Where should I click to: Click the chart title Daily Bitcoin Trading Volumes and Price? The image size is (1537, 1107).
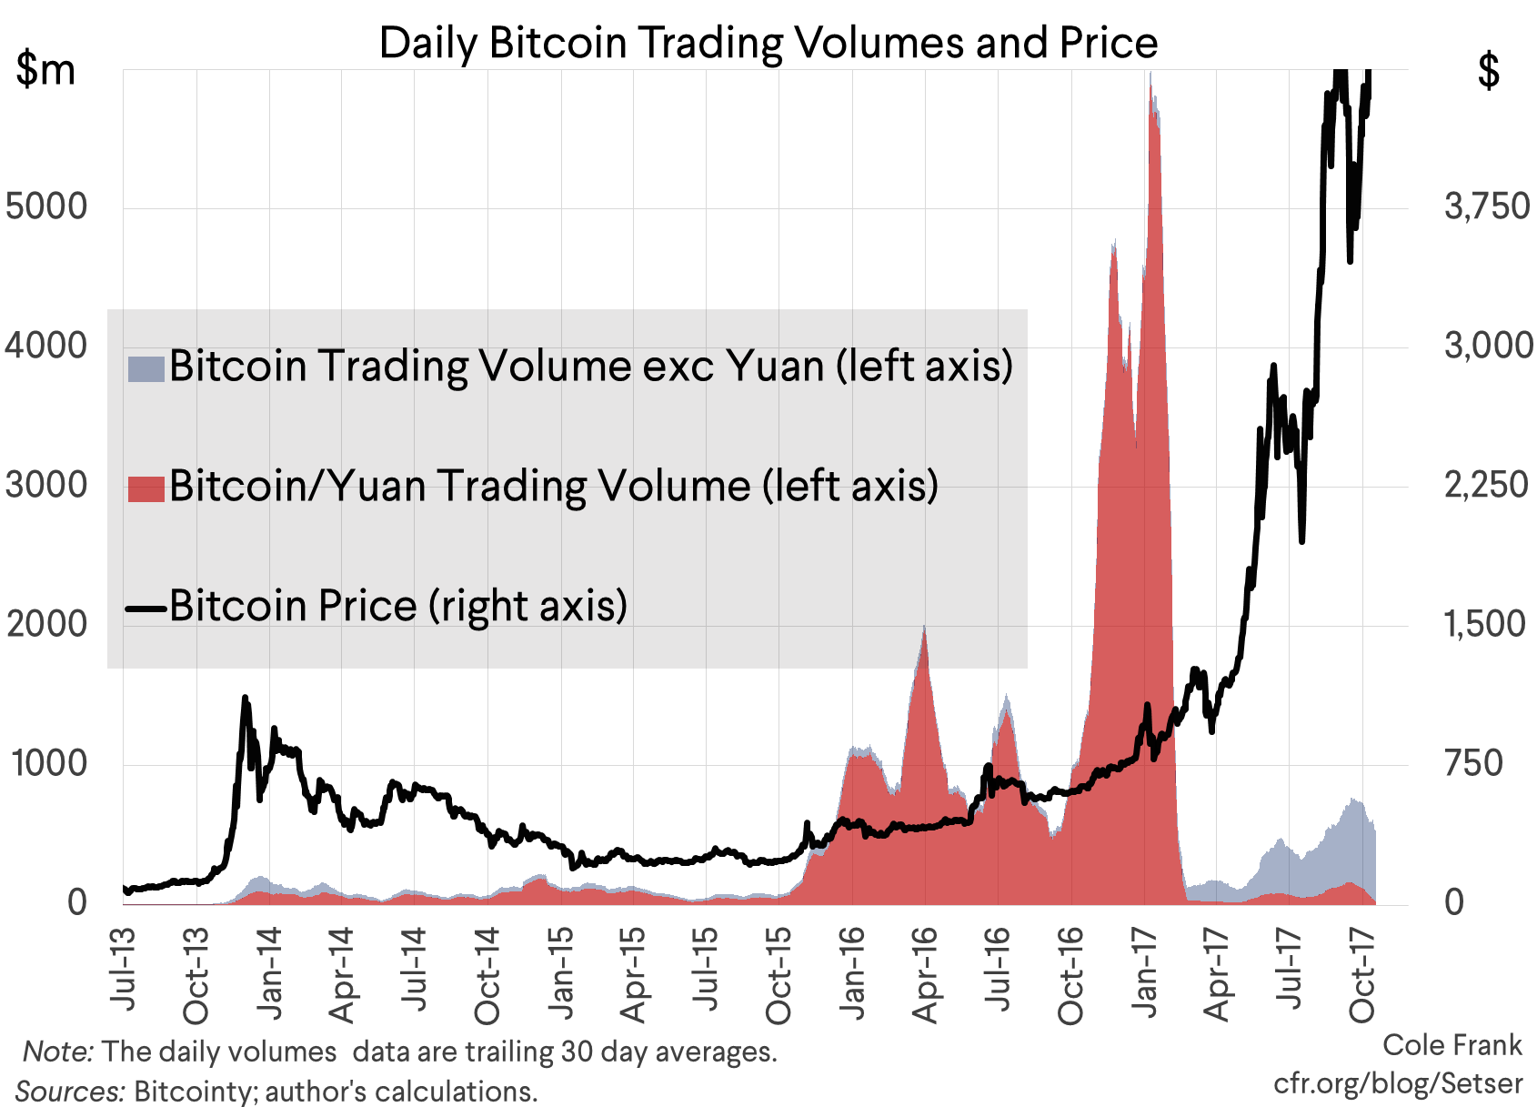tap(768, 43)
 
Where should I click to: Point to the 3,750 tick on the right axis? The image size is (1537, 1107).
tap(1486, 206)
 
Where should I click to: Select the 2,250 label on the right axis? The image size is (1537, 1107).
tap(1486, 485)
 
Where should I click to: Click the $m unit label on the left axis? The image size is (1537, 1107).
tap(45, 69)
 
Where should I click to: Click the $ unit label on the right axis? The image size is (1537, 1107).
tap(1488, 69)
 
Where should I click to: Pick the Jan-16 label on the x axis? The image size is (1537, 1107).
tap(851, 973)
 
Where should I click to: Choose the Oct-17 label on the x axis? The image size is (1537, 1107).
tap(1361, 973)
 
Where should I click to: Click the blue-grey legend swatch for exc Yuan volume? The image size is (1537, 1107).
tap(146, 368)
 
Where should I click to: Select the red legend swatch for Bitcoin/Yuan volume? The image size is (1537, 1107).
tap(146, 488)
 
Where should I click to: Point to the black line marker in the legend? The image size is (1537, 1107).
tap(146, 608)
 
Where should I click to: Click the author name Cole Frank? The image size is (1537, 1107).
tap(1452, 1045)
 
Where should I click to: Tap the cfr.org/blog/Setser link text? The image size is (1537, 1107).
tap(1397, 1083)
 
